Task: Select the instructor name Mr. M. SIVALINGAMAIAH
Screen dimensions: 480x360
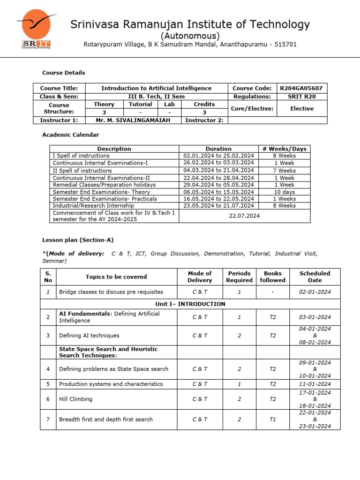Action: tap(133, 120)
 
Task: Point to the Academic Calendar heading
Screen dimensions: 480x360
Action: tap(70, 135)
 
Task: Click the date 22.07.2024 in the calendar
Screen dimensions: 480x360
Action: tap(244, 216)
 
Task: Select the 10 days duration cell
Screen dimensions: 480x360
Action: tap(284, 192)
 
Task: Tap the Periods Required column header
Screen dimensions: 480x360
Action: tap(239, 277)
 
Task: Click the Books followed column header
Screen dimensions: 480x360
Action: tap(272, 277)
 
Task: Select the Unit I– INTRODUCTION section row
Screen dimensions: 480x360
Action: tap(190, 304)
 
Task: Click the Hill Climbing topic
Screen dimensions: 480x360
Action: tap(75, 399)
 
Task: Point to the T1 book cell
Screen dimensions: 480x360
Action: tap(272, 420)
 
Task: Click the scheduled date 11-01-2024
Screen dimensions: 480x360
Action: tap(315, 384)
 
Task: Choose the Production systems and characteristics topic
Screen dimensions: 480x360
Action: tap(111, 384)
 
